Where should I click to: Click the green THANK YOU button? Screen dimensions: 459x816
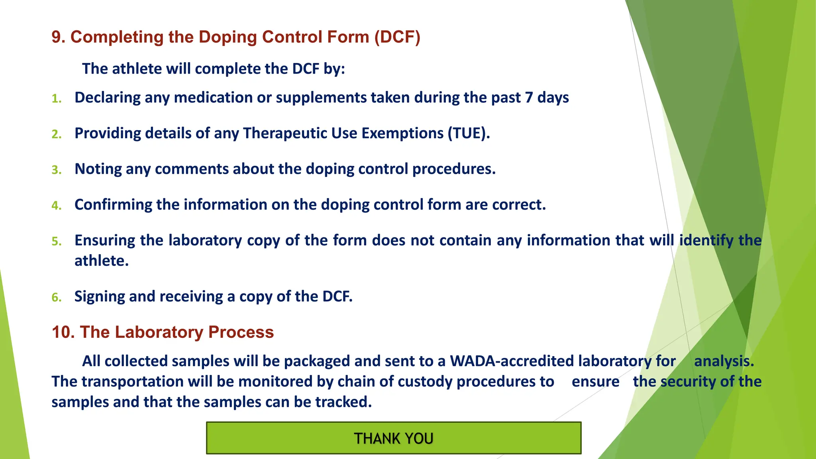[x=393, y=438]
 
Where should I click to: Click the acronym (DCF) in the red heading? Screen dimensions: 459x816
[x=397, y=37]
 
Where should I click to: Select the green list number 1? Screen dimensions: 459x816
[x=57, y=98]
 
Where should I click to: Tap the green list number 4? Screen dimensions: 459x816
[x=57, y=206]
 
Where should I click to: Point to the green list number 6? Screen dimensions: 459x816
[x=57, y=297]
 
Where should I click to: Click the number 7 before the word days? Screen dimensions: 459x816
[x=529, y=98]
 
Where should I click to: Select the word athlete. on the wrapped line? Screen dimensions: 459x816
[x=102, y=261]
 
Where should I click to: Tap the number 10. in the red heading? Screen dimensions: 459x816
[x=63, y=332]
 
